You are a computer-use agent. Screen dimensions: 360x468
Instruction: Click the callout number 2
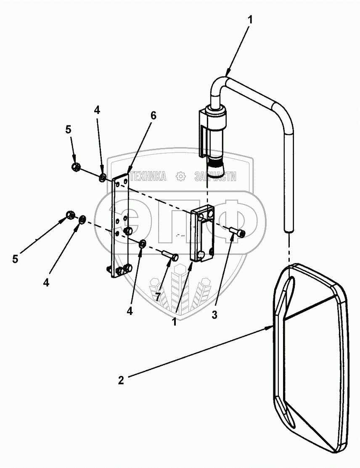(x=121, y=380)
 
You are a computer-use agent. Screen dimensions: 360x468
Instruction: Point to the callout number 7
(x=158, y=297)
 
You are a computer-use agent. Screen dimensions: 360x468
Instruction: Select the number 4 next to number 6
(x=97, y=111)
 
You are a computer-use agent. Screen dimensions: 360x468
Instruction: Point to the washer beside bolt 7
(x=143, y=243)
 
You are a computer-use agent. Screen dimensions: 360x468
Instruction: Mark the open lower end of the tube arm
(x=288, y=230)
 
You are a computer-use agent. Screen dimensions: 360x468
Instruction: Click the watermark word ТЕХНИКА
(x=148, y=177)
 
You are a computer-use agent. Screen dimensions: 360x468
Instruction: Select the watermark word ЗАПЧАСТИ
(x=215, y=177)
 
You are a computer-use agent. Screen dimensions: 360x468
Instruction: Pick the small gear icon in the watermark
(x=181, y=177)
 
